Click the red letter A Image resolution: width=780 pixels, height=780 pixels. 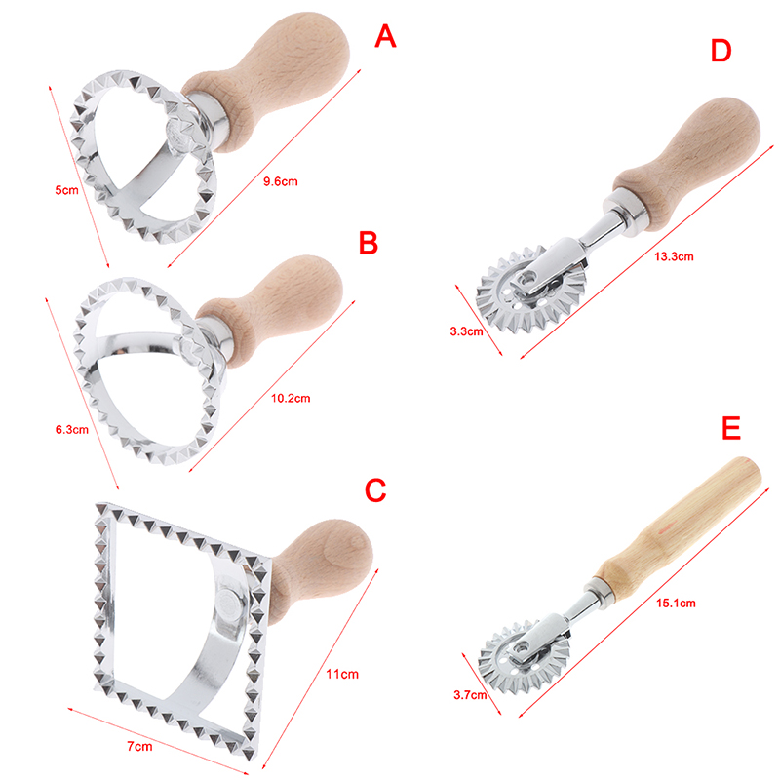(x=385, y=36)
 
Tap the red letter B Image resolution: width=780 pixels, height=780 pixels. (x=369, y=243)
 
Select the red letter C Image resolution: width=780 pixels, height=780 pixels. (x=375, y=490)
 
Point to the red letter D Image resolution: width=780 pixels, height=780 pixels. (x=721, y=51)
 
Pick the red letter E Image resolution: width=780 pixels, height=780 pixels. (x=731, y=428)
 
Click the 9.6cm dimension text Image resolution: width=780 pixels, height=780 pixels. (x=281, y=181)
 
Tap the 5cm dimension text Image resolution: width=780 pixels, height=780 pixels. (x=66, y=190)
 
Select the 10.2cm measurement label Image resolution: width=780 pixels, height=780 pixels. (x=291, y=398)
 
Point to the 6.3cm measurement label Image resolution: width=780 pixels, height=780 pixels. (x=72, y=429)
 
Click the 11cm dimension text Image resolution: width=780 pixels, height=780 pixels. (x=342, y=674)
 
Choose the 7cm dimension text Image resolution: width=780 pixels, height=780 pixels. (x=139, y=746)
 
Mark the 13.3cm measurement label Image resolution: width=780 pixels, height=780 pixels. (x=674, y=256)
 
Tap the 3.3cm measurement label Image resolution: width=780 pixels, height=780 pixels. (x=467, y=331)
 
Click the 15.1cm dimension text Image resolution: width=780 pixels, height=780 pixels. (x=676, y=603)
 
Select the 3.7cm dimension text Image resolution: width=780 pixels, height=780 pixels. (x=470, y=694)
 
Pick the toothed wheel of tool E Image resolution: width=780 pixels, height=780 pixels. (x=523, y=656)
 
